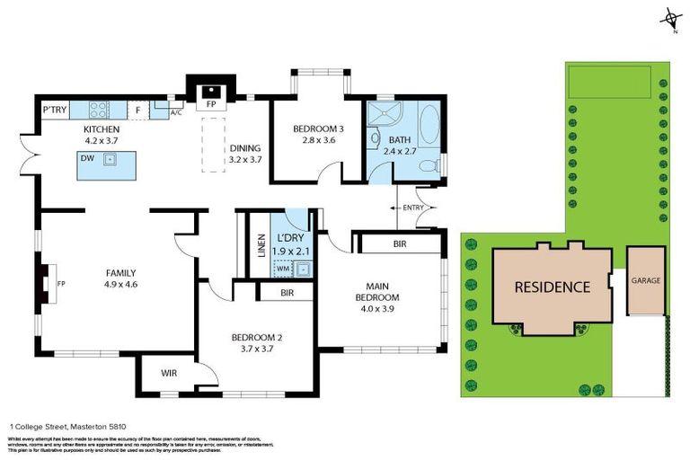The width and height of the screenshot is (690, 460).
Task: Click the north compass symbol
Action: pyautogui.click(x=669, y=21)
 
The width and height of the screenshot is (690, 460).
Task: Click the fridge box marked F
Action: pyautogui.click(x=138, y=111)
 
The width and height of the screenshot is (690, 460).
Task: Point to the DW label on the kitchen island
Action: pyautogui.click(x=88, y=158)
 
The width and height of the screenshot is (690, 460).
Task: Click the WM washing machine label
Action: pyautogui.click(x=283, y=268)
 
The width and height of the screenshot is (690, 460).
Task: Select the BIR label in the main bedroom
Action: pyautogui.click(x=400, y=243)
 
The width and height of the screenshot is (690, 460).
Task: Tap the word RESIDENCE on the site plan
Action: pyautogui.click(x=552, y=287)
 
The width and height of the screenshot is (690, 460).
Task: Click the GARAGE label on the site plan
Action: pyautogui.click(x=645, y=280)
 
